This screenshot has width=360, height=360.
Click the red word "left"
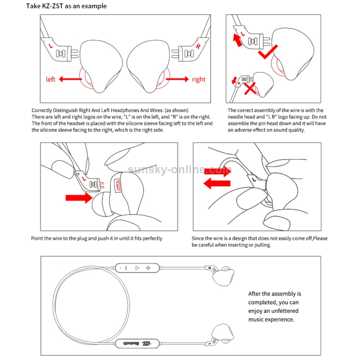tap(51, 79)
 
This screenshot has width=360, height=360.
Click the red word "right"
tap(198, 79)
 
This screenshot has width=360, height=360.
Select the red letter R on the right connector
tap(197, 47)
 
